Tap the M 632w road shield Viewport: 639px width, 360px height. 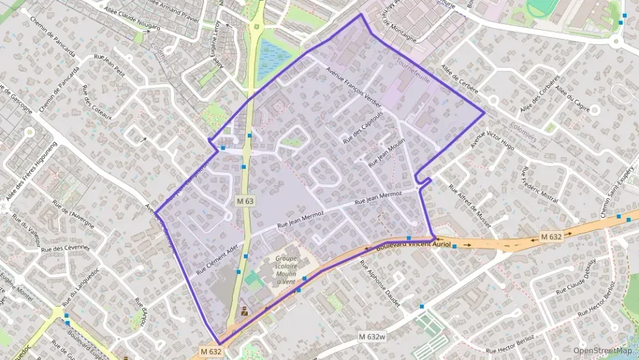pos(372,337)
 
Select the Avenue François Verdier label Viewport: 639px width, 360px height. pos(353,89)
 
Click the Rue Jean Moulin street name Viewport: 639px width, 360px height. pos(386,153)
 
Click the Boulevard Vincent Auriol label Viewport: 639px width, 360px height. pos(414,244)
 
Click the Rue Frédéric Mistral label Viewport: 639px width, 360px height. pos(539,184)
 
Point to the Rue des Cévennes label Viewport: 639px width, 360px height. pos(66,248)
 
